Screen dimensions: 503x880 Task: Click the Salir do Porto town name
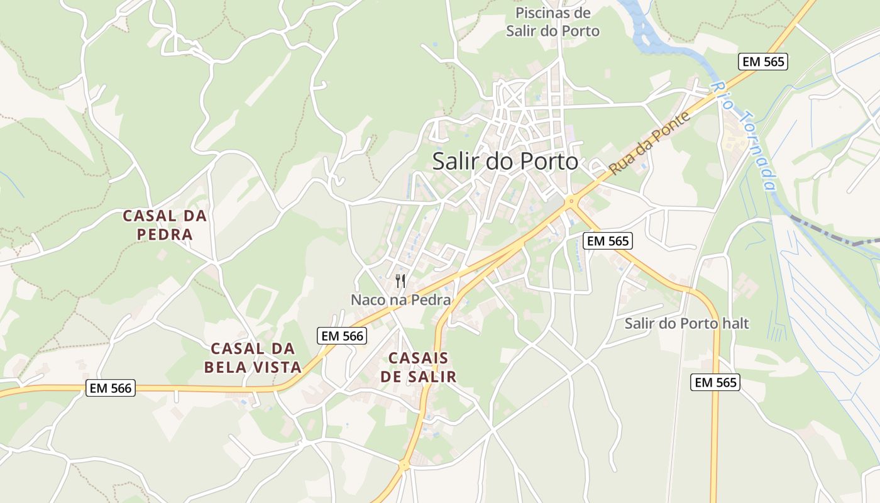(x=505, y=162)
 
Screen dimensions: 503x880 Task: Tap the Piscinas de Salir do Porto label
(x=553, y=22)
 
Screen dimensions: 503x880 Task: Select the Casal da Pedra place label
(x=165, y=225)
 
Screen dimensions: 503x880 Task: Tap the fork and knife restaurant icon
(x=400, y=280)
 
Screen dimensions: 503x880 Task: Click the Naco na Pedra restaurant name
(x=400, y=300)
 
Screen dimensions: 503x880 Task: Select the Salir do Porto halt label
(x=686, y=324)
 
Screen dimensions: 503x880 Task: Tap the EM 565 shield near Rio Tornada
(x=762, y=62)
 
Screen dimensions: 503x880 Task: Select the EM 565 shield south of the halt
(x=715, y=382)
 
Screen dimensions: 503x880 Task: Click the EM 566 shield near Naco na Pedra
(x=342, y=336)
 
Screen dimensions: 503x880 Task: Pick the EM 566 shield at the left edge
(x=111, y=389)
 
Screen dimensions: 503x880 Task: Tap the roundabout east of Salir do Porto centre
(x=571, y=202)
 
